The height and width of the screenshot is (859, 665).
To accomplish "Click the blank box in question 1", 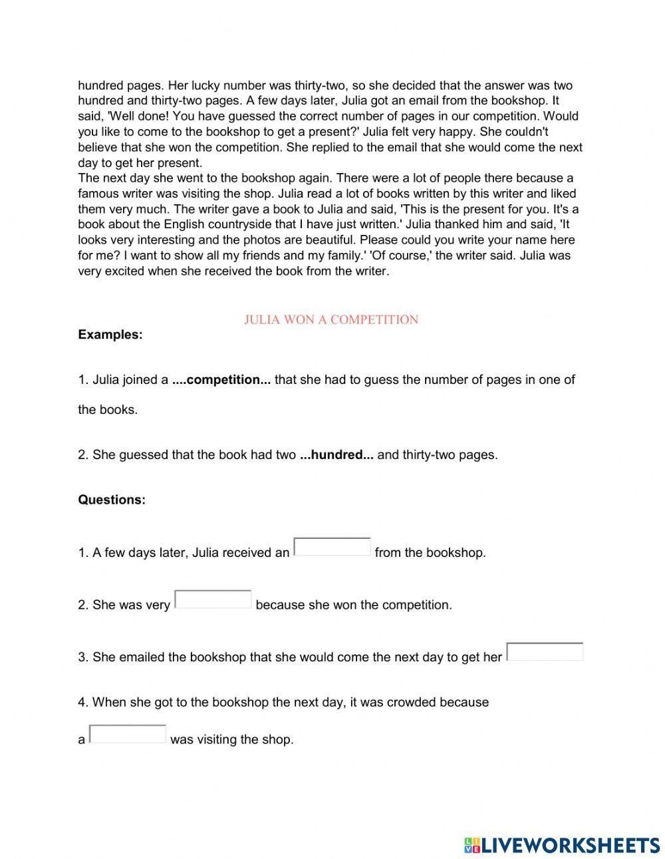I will [x=332, y=547].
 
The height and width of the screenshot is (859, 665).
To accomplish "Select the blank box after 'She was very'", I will [x=213, y=600].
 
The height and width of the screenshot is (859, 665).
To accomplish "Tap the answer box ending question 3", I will [x=544, y=652].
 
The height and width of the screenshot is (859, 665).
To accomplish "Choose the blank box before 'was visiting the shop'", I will [x=128, y=734].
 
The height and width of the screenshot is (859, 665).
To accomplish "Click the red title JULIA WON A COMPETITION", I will [x=331, y=319].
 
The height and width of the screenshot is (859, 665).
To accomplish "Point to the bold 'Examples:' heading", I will [x=110, y=335].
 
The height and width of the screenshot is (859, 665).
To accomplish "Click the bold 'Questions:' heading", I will [x=112, y=500].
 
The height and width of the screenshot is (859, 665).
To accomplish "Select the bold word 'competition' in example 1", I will [x=221, y=380].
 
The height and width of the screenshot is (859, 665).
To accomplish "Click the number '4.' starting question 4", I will [x=83, y=702].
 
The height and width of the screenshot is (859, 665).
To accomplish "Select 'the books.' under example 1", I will [x=108, y=410].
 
